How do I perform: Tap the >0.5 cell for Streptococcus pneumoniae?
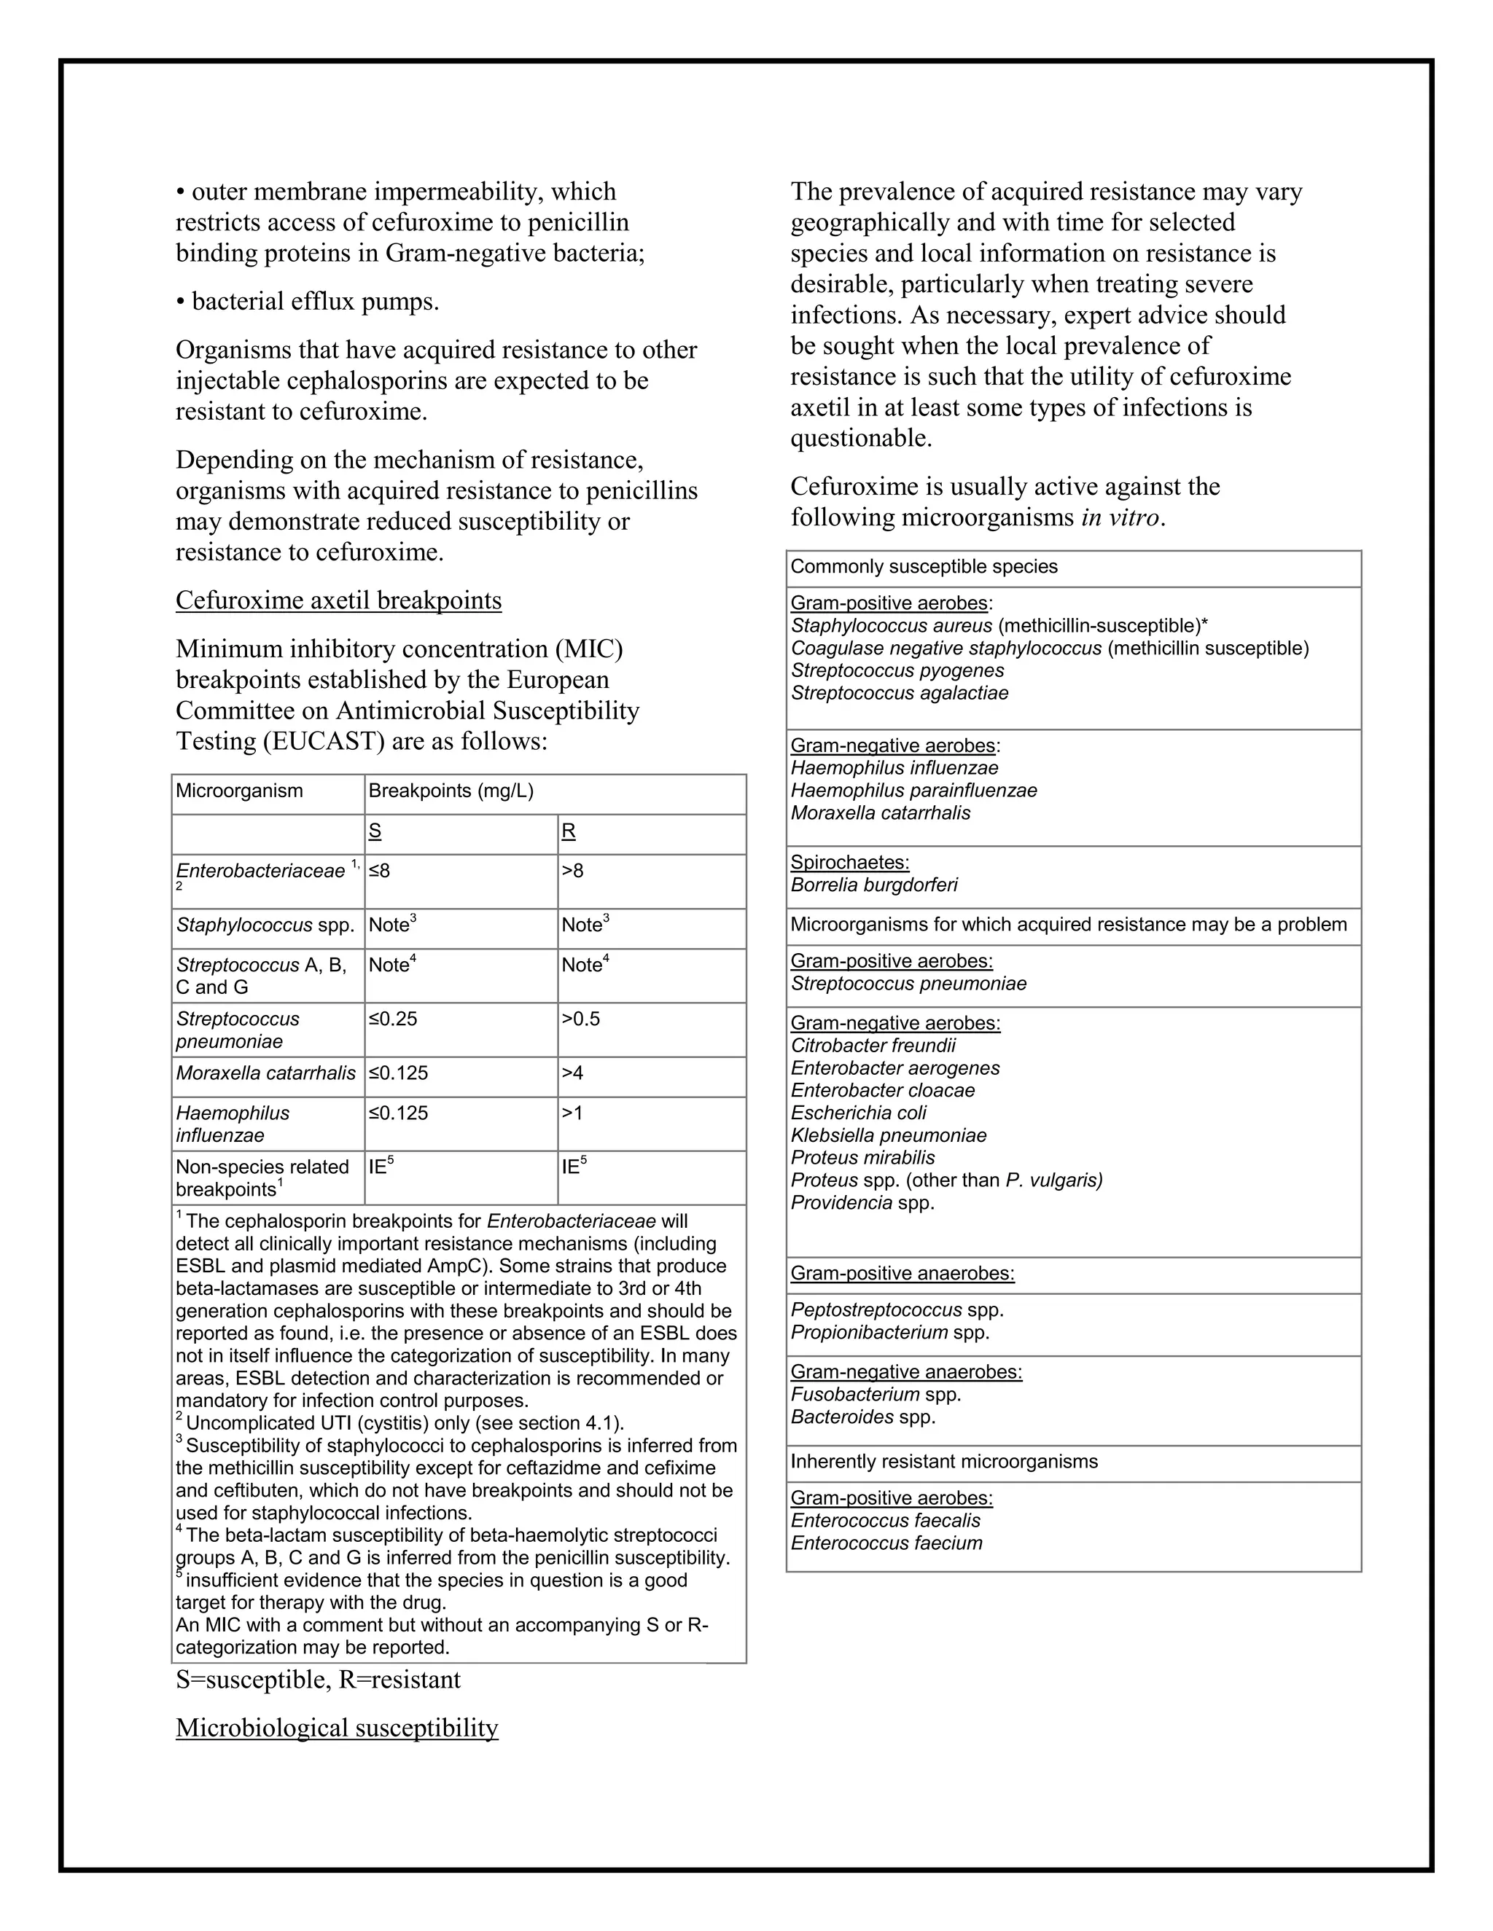coord(580,1019)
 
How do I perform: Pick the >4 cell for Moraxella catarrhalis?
coord(572,1073)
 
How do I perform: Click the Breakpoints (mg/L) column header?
coord(451,791)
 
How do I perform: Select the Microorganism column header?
coord(239,791)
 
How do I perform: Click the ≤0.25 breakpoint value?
coord(393,1019)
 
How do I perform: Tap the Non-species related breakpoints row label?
coord(262,1178)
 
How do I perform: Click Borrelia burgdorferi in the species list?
coord(874,885)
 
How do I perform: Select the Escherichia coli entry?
coord(858,1113)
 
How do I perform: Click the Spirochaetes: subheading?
coord(849,862)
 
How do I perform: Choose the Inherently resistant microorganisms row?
coord(944,1462)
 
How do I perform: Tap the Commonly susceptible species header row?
coord(924,567)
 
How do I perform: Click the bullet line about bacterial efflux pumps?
coord(308,302)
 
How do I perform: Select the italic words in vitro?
coord(1120,517)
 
